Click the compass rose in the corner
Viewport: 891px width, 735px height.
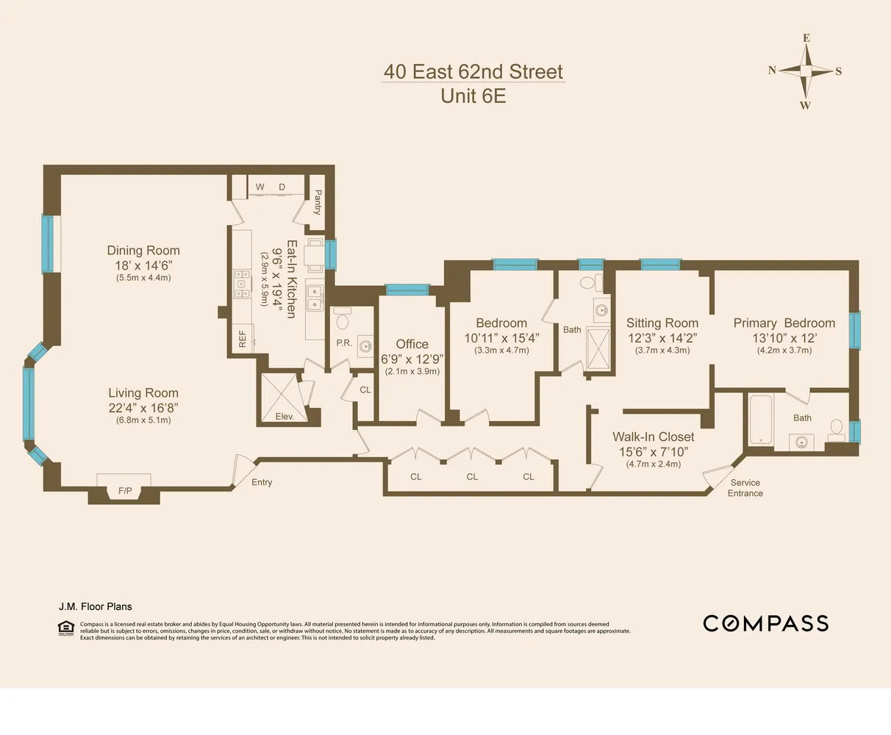pos(806,71)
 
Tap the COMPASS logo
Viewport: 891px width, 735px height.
pos(765,623)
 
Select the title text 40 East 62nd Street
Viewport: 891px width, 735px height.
pos(473,72)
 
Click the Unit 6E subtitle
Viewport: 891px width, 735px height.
pos(473,96)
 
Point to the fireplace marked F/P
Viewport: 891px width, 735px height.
pos(124,490)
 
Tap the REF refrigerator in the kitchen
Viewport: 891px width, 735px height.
pos(243,338)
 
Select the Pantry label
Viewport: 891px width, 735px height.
pos(318,201)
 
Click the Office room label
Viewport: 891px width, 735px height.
pos(412,344)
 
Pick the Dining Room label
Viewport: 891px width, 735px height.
pos(143,251)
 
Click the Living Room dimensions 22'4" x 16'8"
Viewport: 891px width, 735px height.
pos(143,408)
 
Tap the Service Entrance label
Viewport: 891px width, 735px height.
pos(745,488)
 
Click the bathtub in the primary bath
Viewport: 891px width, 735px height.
pos(761,420)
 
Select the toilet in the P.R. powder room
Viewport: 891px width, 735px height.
pos(342,320)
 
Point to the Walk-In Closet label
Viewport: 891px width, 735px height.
pos(653,437)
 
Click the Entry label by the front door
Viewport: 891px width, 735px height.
pos(262,482)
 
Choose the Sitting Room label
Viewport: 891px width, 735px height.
pos(662,323)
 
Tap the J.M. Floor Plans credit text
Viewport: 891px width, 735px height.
pos(96,606)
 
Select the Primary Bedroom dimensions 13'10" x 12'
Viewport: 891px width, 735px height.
pos(784,338)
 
